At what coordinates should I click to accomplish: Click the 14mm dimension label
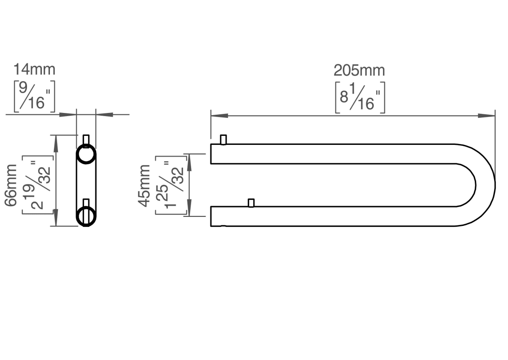tap(34, 70)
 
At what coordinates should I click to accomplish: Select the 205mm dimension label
tap(359, 71)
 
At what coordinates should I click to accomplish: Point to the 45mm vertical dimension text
tap(144, 185)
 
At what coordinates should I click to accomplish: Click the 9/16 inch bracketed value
tap(35, 95)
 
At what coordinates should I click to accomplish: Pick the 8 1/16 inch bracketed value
tap(360, 97)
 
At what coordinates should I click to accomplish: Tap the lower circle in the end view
tap(86, 216)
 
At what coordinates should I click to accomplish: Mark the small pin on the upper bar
tap(223, 139)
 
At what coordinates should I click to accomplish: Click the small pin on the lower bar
tap(251, 203)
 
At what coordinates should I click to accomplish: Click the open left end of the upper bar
tap(211, 154)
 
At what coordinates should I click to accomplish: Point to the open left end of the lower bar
tap(211, 216)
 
